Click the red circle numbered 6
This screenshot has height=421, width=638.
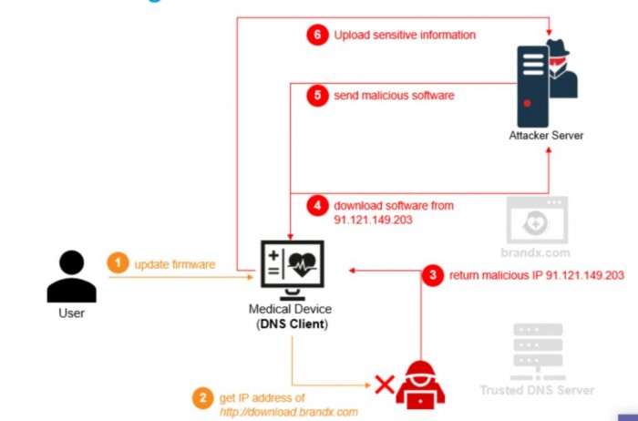316,35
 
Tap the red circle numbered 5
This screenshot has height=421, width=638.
316,96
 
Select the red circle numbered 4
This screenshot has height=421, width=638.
316,205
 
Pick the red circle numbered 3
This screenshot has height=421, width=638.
435,274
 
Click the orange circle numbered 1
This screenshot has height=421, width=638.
118,264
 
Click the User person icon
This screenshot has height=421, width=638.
71,275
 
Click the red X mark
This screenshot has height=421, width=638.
385,385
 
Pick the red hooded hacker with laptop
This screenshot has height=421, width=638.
421,382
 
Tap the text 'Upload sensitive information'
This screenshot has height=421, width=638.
405,36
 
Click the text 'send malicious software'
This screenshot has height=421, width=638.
394,96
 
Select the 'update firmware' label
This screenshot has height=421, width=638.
175,264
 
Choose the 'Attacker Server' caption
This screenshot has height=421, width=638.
546,136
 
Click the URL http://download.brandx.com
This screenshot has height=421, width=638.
289,412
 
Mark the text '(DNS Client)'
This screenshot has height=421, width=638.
293,324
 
